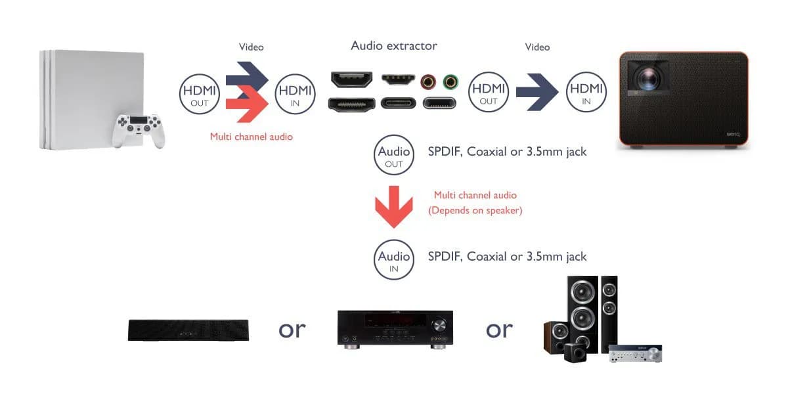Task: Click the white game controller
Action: click(138, 129)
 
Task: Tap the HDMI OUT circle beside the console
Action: click(199, 95)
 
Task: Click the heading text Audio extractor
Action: click(394, 45)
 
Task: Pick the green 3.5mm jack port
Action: click(450, 81)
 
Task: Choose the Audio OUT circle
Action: click(394, 156)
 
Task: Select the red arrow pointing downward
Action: click(393, 206)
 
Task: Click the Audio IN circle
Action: click(394, 260)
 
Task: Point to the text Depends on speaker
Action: click(475, 211)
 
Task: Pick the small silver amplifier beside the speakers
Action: click(634, 353)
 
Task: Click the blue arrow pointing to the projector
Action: click(537, 93)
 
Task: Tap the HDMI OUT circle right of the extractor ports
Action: click(489, 92)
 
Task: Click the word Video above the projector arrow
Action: click(537, 47)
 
